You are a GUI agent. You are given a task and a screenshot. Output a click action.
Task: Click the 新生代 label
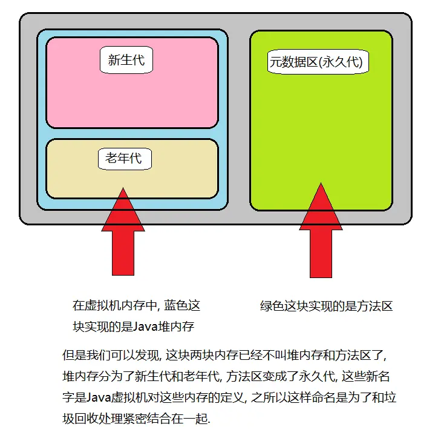[x=126, y=60]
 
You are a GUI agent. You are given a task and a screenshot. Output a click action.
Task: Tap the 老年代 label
[x=124, y=158]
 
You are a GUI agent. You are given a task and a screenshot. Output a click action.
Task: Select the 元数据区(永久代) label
[x=318, y=62]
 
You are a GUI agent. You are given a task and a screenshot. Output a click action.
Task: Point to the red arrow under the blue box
[x=123, y=242]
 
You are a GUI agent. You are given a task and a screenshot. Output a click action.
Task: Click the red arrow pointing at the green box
[x=321, y=242]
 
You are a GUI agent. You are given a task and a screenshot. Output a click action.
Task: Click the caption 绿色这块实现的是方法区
[x=327, y=306]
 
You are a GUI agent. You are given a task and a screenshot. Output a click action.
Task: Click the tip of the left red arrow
[x=123, y=188]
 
